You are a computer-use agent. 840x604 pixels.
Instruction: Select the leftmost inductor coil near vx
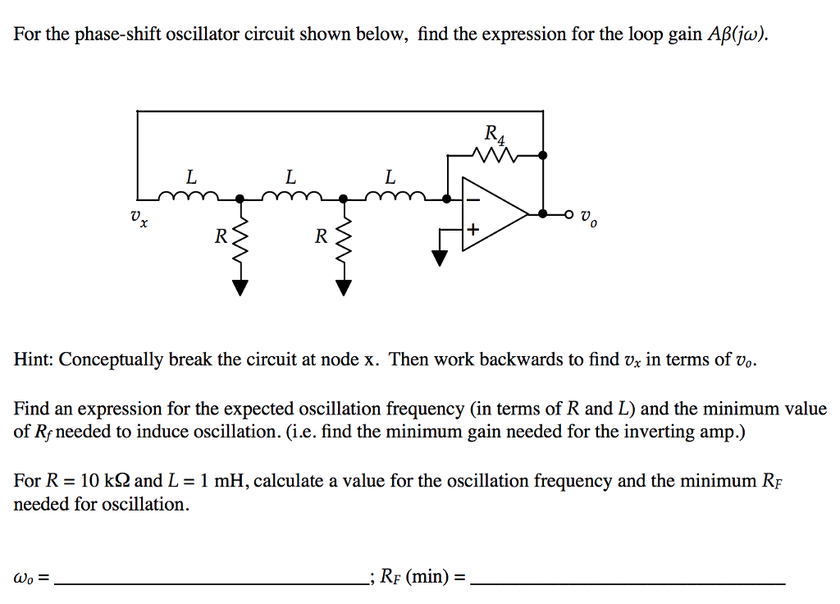[190, 197]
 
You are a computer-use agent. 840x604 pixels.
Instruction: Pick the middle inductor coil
[290, 197]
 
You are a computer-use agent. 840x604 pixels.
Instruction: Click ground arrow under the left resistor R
[240, 286]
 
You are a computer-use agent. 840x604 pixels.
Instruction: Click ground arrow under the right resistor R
[343, 286]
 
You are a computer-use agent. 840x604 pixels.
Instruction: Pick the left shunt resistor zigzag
[240, 242]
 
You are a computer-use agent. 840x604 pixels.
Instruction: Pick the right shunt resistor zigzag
[343, 242]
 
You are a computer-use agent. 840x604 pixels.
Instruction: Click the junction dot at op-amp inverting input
[446, 199]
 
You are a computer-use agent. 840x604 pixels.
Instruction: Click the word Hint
[33, 359]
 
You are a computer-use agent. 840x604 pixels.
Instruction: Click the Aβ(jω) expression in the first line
[737, 34]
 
